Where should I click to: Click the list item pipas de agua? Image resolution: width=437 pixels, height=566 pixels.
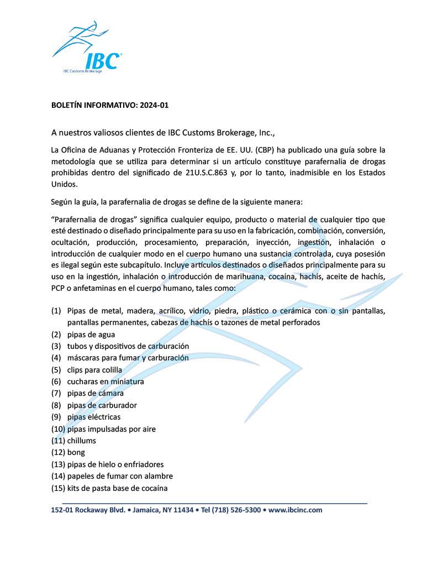(x=91, y=334)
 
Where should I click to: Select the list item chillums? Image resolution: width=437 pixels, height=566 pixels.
(x=81, y=441)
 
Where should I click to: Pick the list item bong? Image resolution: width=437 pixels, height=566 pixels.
(x=76, y=452)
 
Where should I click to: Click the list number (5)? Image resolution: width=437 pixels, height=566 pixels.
(x=56, y=370)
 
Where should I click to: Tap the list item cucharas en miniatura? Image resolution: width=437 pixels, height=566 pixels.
(x=106, y=381)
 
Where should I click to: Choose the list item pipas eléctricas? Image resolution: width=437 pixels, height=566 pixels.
(x=93, y=417)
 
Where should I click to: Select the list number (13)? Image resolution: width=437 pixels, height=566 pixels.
(x=58, y=464)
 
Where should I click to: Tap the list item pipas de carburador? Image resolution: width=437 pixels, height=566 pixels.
(x=102, y=405)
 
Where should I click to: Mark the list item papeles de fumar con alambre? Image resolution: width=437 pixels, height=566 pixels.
(x=120, y=476)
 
